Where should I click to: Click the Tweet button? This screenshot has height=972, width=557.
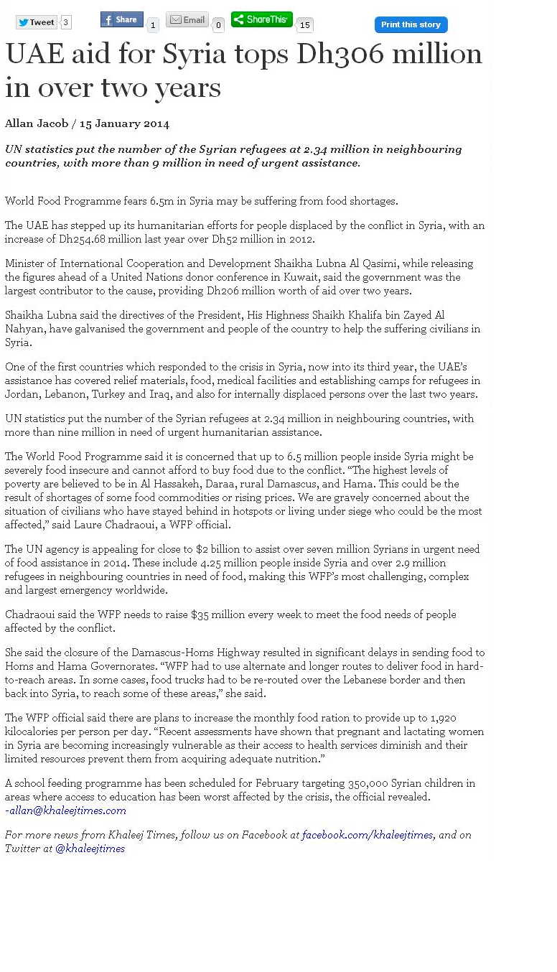[x=36, y=22]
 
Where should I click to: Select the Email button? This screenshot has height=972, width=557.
[x=187, y=20]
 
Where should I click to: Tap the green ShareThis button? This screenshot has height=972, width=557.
[x=261, y=19]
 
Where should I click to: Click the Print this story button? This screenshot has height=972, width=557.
[x=411, y=24]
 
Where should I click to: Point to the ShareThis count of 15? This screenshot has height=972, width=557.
[x=304, y=26]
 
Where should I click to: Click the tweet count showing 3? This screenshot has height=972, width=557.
[x=66, y=22]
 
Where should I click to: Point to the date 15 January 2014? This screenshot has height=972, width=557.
[x=124, y=123]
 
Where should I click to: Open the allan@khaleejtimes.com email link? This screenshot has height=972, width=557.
[x=67, y=810]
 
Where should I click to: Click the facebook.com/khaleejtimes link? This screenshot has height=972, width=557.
[x=367, y=835]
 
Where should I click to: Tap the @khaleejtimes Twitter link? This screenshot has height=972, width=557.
[x=90, y=849]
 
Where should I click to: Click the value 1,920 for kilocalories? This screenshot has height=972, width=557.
[x=443, y=718]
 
